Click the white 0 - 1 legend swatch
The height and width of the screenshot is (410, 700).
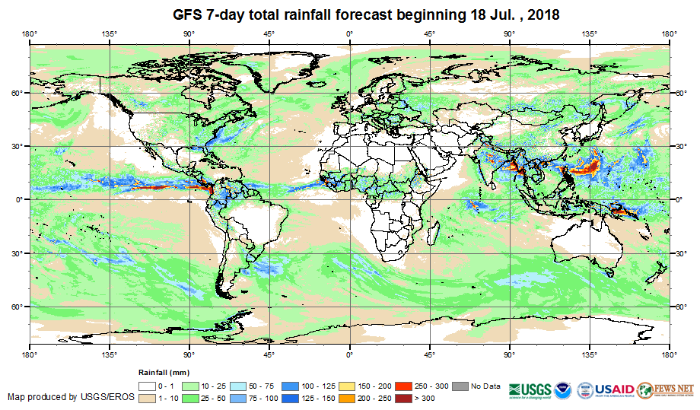(147, 386)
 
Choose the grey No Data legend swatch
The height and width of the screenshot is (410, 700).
(462, 386)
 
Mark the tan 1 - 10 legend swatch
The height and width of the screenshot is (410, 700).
(147, 397)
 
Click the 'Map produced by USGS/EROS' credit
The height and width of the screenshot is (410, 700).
(70, 397)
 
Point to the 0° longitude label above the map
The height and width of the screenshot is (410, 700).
(349, 33)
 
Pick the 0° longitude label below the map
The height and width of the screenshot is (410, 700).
(349, 354)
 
